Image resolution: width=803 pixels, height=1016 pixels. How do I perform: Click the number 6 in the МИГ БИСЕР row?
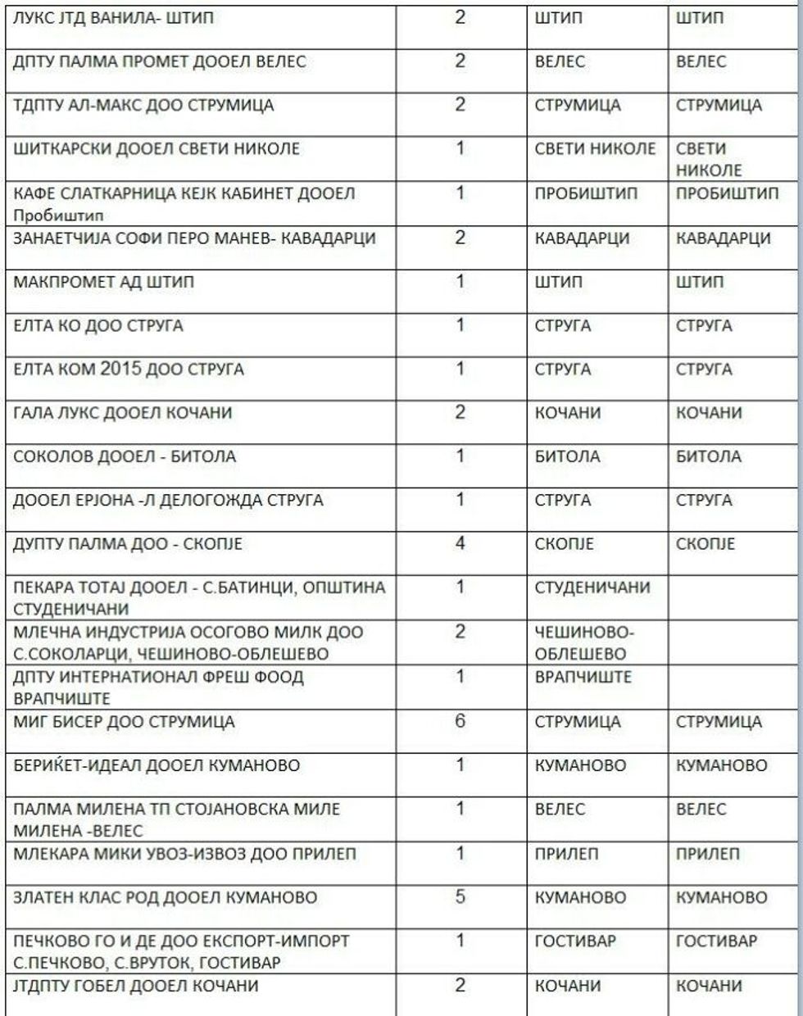click(460, 720)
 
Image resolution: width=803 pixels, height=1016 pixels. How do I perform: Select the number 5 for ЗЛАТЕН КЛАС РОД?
click(460, 896)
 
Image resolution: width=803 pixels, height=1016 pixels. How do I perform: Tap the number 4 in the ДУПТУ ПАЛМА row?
click(460, 543)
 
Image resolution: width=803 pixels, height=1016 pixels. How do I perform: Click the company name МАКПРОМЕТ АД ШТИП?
click(95, 283)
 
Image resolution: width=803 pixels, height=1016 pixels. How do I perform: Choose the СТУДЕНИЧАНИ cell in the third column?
click(592, 587)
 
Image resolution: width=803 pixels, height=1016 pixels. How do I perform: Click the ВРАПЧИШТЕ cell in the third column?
click(583, 678)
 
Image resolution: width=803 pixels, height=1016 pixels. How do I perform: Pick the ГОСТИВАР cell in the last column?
click(716, 941)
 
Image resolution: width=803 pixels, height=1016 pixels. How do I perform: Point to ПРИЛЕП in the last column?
click(708, 854)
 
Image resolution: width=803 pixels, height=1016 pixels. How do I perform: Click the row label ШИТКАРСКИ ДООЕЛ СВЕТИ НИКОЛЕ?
click(157, 149)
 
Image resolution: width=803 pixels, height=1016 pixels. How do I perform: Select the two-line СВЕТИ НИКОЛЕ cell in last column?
click(710, 160)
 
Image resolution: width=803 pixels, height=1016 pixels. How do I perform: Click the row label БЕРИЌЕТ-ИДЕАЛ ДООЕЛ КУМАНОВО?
click(157, 766)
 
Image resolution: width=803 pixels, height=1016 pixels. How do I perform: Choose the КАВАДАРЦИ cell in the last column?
click(723, 238)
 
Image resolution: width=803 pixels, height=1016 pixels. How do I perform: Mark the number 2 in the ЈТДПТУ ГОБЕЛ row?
click(460, 985)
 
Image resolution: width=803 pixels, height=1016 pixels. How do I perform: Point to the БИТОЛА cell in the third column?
click(567, 456)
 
